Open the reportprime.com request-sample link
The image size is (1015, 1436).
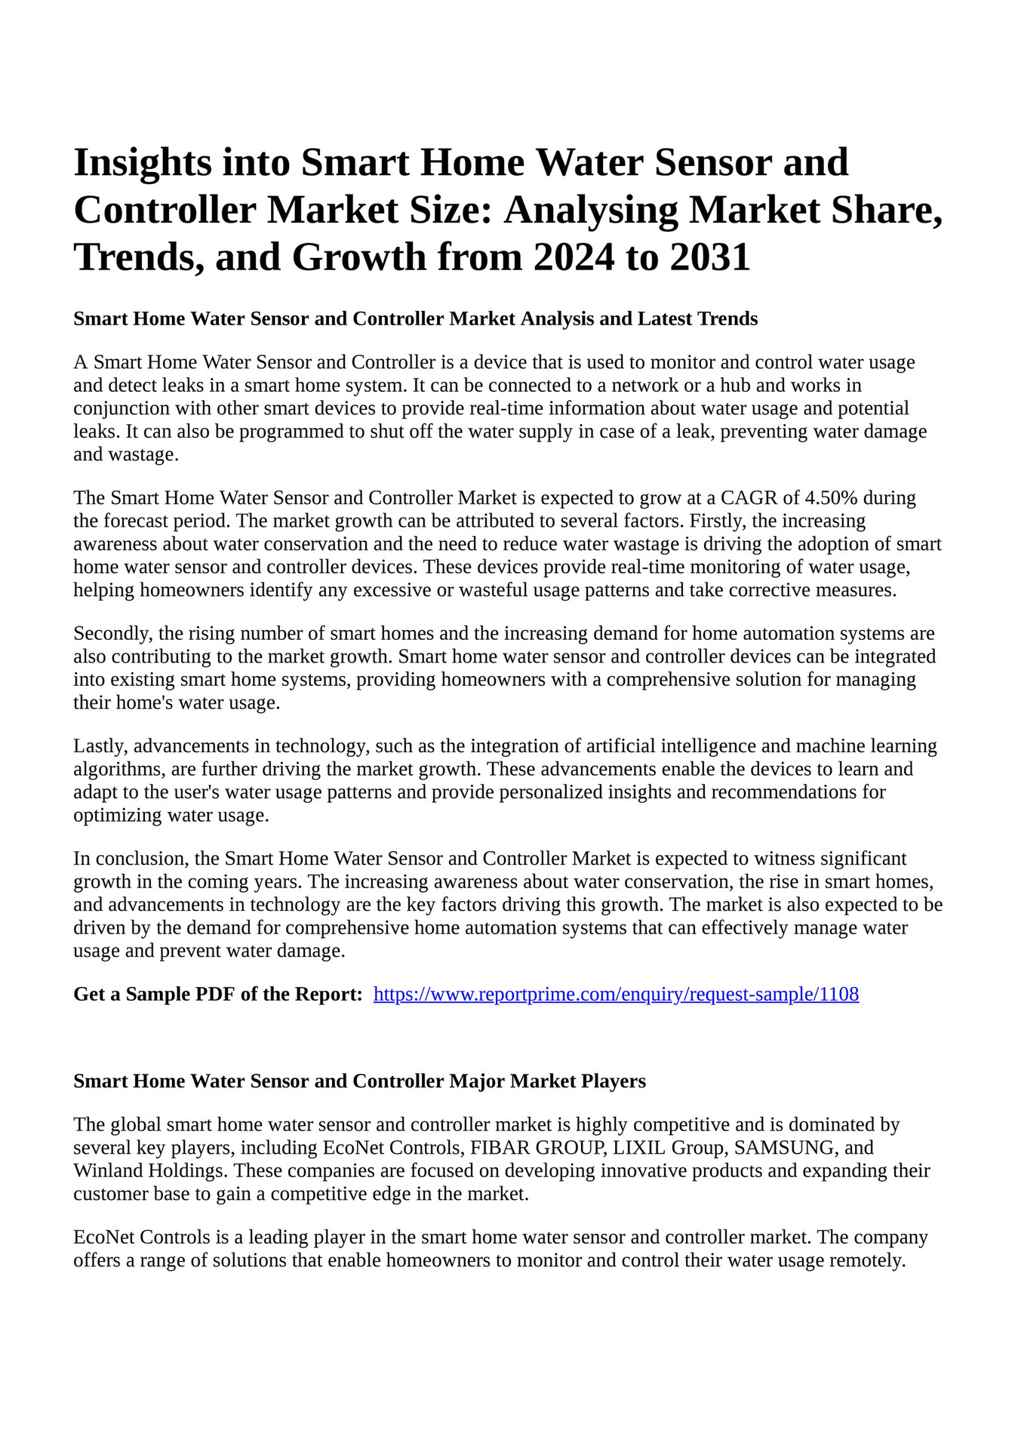pyautogui.click(x=616, y=995)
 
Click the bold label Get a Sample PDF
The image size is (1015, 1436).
pyautogui.click(x=217, y=995)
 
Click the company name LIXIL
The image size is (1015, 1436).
pyautogui.click(x=637, y=1148)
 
